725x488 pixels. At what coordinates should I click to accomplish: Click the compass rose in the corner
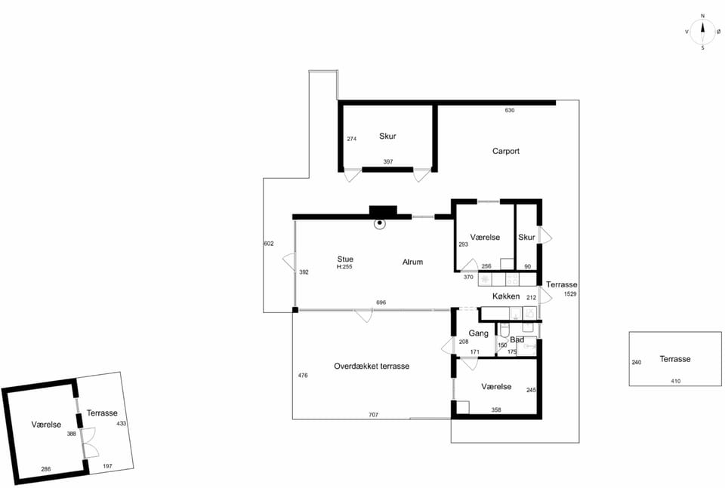(x=702, y=32)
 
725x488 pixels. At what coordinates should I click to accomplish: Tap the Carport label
(x=505, y=151)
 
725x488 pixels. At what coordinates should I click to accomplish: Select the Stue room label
(x=345, y=259)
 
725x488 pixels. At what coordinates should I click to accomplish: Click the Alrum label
(x=412, y=262)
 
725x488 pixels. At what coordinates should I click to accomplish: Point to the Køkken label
(x=506, y=296)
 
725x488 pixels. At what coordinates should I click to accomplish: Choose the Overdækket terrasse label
(x=372, y=366)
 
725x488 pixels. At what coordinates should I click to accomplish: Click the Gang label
(x=478, y=333)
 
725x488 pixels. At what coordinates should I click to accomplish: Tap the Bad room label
(x=517, y=340)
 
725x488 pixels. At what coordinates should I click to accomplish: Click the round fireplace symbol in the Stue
(x=380, y=223)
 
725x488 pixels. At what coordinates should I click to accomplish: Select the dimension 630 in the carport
(x=510, y=110)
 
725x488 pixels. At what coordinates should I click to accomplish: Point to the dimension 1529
(x=570, y=294)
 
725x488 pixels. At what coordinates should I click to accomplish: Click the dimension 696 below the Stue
(x=381, y=302)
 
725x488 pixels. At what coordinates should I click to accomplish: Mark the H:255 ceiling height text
(x=344, y=267)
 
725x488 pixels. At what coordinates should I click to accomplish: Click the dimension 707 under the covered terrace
(x=373, y=415)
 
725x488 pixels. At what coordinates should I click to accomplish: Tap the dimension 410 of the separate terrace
(x=675, y=381)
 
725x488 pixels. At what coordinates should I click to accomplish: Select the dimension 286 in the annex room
(x=46, y=469)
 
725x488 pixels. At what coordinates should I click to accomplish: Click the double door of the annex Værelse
(x=89, y=443)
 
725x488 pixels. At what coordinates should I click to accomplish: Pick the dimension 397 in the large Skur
(x=388, y=161)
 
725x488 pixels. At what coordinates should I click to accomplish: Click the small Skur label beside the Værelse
(x=526, y=238)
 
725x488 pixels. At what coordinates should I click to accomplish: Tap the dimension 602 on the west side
(x=269, y=244)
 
